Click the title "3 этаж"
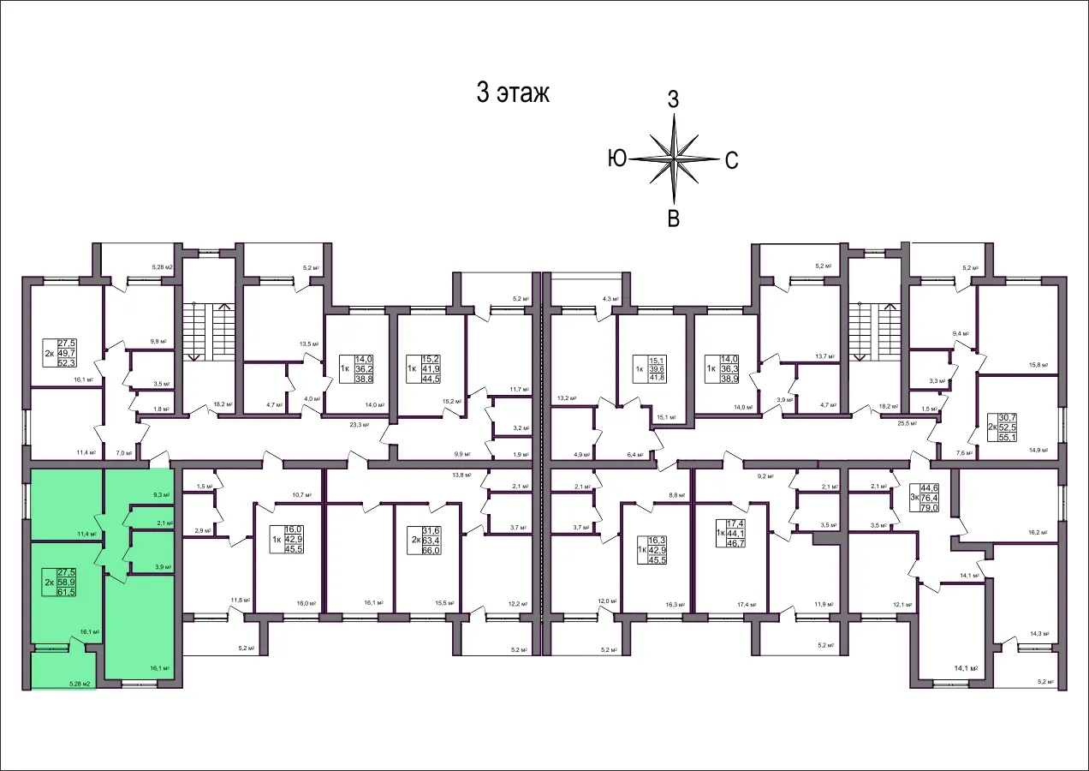512,93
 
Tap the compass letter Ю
618,158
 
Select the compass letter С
731,159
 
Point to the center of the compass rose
675,158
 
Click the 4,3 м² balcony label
610,299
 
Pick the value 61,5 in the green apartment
66,592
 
